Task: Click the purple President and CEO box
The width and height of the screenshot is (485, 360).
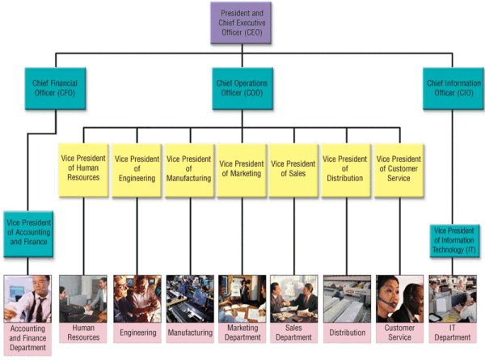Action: [241, 23]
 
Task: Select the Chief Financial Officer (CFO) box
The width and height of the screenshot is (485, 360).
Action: [55, 88]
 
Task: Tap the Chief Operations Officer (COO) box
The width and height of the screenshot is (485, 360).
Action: [242, 88]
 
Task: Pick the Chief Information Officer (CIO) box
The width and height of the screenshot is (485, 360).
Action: [453, 88]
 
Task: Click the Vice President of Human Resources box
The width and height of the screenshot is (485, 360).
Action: [83, 170]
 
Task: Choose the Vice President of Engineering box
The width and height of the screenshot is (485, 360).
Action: [137, 171]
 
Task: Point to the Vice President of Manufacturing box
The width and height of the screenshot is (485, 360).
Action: [189, 171]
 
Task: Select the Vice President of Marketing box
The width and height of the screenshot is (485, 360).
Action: [242, 171]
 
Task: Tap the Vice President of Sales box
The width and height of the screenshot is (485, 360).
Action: [293, 171]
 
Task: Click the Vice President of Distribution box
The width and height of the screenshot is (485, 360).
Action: [346, 171]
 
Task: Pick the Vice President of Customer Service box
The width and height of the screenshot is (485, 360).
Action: [399, 171]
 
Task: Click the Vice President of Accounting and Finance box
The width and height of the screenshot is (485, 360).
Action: [28, 234]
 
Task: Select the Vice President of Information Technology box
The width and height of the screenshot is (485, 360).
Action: [454, 241]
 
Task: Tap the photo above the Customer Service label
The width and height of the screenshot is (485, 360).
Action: [399, 299]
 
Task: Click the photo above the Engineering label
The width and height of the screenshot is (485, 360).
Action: [137, 299]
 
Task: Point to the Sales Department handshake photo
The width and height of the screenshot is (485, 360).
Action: [294, 299]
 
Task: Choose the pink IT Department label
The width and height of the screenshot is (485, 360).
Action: [453, 332]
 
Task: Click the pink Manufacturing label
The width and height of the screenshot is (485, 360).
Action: [190, 332]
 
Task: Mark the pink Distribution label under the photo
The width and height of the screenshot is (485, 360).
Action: [347, 332]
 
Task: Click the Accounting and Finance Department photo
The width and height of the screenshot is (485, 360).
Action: [27, 299]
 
